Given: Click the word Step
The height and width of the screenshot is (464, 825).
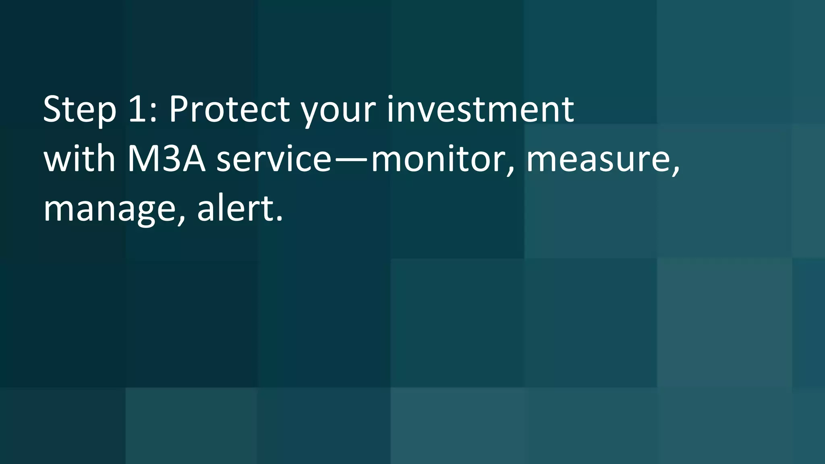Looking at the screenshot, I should click(79, 110).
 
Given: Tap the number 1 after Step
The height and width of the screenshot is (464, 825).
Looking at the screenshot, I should click(137, 110).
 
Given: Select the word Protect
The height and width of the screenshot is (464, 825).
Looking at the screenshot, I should click(229, 110).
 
